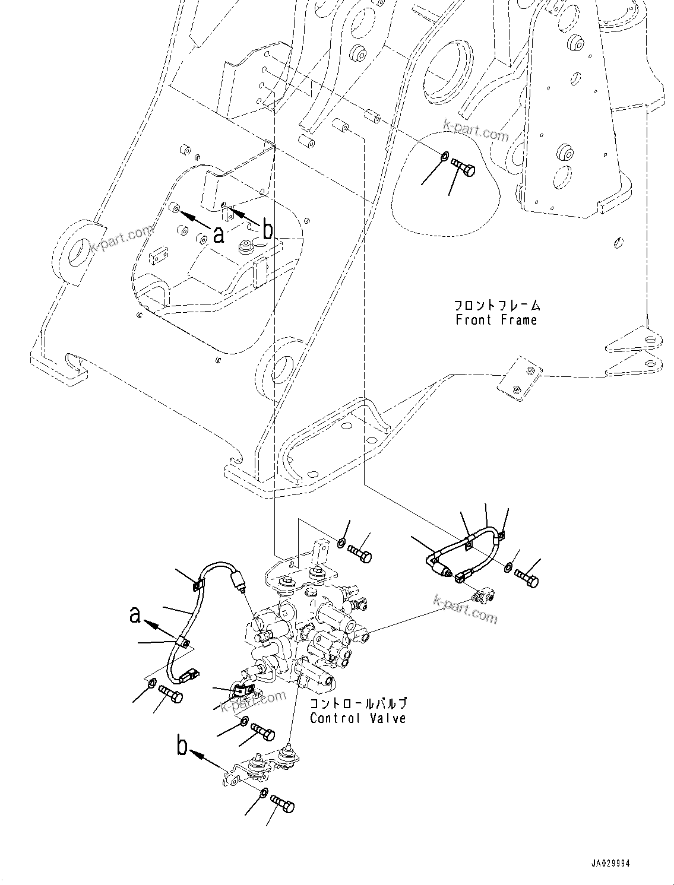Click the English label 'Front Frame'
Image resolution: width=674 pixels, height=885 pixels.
point(496,321)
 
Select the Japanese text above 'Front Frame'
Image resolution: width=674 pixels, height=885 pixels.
point(497,306)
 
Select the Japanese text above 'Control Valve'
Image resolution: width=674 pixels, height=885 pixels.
point(358,704)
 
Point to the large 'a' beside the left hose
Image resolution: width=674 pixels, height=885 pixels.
point(136,615)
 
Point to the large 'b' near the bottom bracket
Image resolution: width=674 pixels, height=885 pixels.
point(182,745)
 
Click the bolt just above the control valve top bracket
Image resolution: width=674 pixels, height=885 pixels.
point(360,553)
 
